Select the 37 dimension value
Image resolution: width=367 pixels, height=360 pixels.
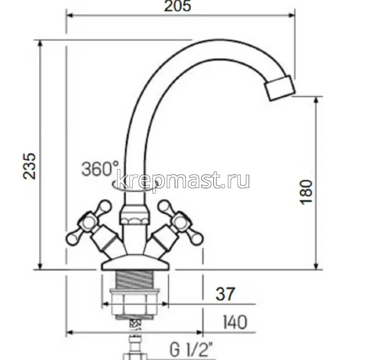(225, 294)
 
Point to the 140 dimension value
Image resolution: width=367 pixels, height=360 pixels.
(234, 322)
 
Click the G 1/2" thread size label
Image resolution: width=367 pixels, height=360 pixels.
(193, 351)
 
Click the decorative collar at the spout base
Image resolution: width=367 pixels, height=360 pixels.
(135, 215)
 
